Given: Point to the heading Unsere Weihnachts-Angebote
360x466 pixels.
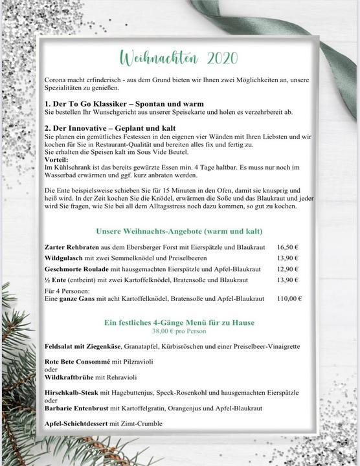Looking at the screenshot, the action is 179,231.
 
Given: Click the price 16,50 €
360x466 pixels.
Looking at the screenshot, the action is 287,247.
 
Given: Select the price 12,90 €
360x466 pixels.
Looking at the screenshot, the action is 287,269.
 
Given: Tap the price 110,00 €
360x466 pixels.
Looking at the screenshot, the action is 289,299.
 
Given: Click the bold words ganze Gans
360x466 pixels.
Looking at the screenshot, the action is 76,299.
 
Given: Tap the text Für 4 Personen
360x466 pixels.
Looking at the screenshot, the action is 69,291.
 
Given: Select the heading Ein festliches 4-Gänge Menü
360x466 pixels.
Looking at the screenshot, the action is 179,322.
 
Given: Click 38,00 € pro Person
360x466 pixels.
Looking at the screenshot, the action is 179,330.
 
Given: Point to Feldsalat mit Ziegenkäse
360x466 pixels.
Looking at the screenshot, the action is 80,347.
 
